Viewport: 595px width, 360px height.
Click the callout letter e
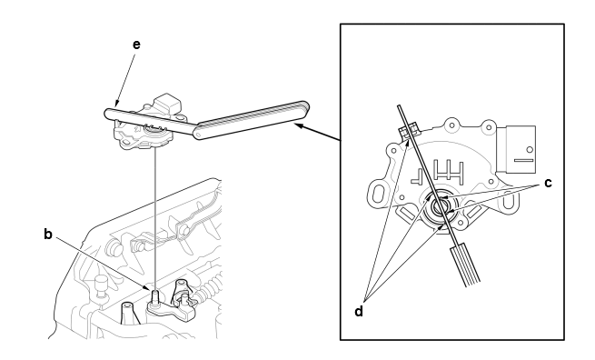click(x=136, y=45)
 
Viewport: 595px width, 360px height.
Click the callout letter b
click(x=48, y=234)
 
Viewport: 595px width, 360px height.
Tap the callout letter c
click(x=548, y=183)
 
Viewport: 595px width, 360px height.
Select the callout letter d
click(x=359, y=312)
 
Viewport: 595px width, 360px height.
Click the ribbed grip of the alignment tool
click(x=252, y=120)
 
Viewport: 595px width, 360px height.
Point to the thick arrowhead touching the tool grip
click(x=300, y=125)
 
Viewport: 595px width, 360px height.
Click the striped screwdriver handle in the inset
click(x=466, y=266)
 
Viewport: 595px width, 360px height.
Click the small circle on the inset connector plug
click(x=530, y=149)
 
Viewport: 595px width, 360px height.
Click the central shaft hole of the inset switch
click(x=441, y=207)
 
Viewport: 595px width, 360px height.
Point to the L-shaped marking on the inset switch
click(x=417, y=175)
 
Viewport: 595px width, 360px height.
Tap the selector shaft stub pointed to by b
click(x=155, y=296)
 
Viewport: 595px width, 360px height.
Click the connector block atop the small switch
click(x=169, y=102)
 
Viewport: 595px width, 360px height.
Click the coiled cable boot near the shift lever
click(x=209, y=288)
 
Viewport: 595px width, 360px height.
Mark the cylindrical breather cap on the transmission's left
click(x=101, y=285)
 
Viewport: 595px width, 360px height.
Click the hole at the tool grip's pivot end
click(x=198, y=134)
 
